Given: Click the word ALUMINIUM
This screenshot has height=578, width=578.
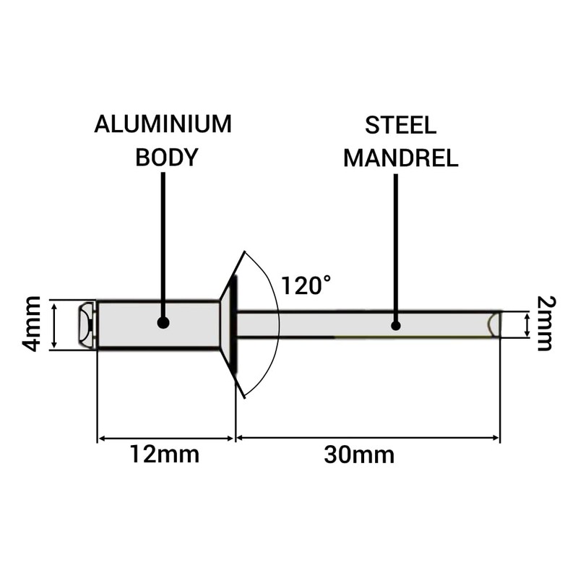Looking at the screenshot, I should coord(163,124).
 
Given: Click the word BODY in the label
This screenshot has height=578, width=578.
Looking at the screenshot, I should coord(166,158).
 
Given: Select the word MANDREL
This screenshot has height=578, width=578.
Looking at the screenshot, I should coord(400,158).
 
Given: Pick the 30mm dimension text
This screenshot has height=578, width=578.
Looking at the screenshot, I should coord(359,455).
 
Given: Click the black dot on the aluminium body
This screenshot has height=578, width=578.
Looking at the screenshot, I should coord(163,324).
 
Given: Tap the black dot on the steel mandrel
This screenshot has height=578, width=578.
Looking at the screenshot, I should coord(396,325).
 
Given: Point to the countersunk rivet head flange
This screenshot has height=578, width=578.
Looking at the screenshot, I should coord(229,324).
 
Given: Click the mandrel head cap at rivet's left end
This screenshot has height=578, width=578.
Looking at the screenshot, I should coord(86,324).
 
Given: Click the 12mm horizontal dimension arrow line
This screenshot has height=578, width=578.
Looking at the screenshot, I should coord(166,438).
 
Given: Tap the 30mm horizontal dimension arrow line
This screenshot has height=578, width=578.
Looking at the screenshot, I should coord(368,438).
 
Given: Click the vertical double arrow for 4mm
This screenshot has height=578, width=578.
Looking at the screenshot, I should coord(55,324).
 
